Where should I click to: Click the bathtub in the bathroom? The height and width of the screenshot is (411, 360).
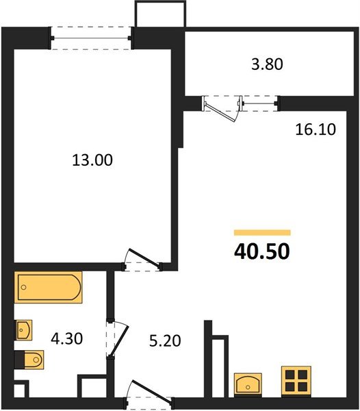[x=49, y=288]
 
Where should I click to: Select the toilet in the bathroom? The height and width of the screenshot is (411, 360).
[x=29, y=358]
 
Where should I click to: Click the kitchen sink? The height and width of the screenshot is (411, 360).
[x=247, y=383]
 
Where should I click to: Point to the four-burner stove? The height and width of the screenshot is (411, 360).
[x=296, y=381]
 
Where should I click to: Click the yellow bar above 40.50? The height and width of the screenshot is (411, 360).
[x=262, y=233]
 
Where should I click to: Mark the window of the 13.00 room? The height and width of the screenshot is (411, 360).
[x=91, y=37]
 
